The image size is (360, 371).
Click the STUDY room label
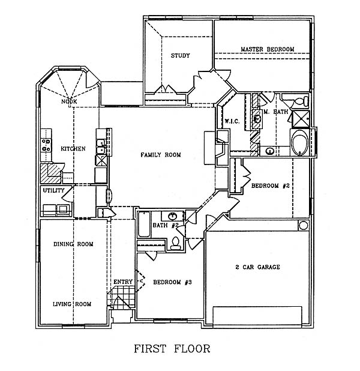(180, 56)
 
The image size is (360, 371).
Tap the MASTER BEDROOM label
(268, 49)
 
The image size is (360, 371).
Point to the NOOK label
(69, 101)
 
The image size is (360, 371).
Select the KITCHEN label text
(73, 149)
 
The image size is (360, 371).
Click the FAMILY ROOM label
(161, 155)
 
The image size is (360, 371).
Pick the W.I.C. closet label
(232, 121)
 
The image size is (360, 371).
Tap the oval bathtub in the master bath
(300, 142)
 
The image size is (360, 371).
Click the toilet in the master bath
(301, 101)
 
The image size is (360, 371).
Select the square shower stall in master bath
(301, 119)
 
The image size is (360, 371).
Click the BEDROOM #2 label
(271, 185)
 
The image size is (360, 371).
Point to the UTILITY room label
(53, 190)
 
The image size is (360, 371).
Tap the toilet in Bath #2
(175, 243)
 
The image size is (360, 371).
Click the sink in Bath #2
(172, 216)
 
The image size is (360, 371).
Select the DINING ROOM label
(73, 244)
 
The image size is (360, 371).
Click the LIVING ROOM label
(72, 304)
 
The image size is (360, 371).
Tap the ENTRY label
(123, 282)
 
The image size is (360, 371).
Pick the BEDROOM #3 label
(172, 282)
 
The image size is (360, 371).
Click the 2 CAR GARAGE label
(257, 267)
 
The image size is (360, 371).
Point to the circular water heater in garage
(303, 226)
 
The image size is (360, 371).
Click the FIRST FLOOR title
(172, 349)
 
